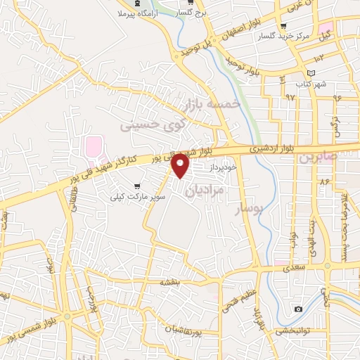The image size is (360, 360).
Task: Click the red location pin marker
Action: click(x=181, y=166)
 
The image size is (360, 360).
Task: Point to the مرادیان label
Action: click(x=205, y=190)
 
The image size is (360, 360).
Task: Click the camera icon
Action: click(x=299, y=309)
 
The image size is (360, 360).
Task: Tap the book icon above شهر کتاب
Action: click(x=311, y=73)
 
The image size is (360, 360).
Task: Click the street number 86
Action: click(x=324, y=181)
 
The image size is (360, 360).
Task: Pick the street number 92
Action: click(x=290, y=97)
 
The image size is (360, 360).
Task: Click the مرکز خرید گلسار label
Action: click(x=307, y=35)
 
